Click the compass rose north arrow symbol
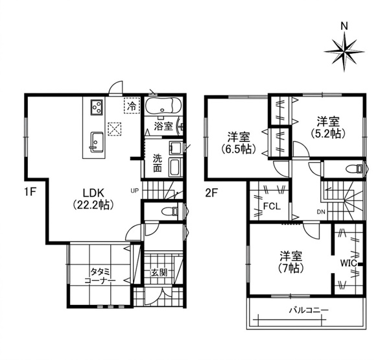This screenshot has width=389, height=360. click(344, 52)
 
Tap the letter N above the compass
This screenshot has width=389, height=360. click(344, 26)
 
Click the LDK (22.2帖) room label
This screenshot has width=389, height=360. click(93, 198)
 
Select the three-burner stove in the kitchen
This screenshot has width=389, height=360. click(97, 107)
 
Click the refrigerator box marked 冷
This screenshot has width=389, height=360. click(132, 106)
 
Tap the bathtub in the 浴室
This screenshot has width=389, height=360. click(163, 106)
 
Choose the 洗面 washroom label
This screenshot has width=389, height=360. click(157, 163)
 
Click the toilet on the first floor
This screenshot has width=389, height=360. click(170, 211)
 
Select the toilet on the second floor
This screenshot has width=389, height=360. click(354, 169)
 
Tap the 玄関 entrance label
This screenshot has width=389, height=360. click(159, 273)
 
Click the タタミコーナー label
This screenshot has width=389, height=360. click(100, 276)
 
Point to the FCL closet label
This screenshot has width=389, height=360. click(272, 206)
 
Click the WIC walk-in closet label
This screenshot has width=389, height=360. click(348, 263)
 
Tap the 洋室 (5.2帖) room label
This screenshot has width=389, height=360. click(328, 128)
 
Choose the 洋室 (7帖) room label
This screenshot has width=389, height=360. click(291, 263)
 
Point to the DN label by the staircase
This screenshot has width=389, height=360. click(320, 211)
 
